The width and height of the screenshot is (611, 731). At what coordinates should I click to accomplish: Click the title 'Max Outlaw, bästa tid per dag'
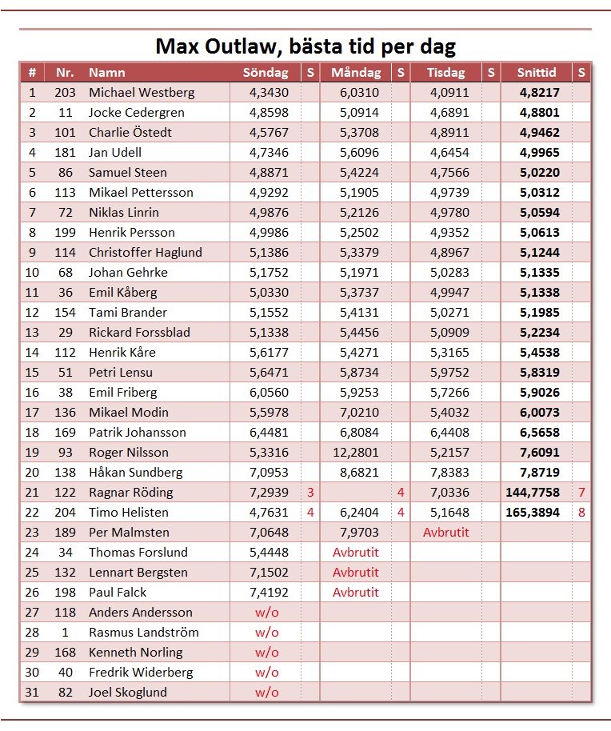[305, 46]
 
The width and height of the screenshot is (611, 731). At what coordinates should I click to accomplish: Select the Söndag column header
[266, 73]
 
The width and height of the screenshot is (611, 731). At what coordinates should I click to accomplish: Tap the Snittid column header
[537, 73]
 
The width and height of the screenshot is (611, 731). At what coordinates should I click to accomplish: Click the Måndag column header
[355, 73]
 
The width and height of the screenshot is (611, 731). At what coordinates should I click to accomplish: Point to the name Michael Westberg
[142, 93]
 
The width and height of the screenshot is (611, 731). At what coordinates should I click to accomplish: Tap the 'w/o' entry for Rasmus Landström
[267, 633]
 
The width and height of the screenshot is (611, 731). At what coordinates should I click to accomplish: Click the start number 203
[65, 93]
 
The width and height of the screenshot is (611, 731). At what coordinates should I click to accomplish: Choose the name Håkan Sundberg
[135, 473]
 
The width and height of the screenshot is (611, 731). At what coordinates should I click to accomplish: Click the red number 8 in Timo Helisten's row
[581, 513]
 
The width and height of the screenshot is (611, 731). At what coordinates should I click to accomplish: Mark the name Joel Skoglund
[128, 693]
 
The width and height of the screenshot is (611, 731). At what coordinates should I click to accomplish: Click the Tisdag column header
[445, 73]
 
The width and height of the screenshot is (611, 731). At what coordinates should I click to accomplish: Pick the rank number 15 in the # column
[32, 373]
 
